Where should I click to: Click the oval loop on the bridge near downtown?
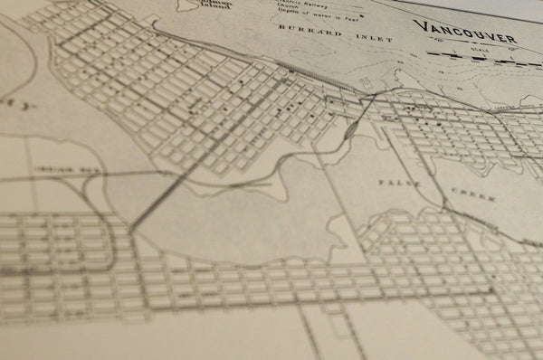348,131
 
